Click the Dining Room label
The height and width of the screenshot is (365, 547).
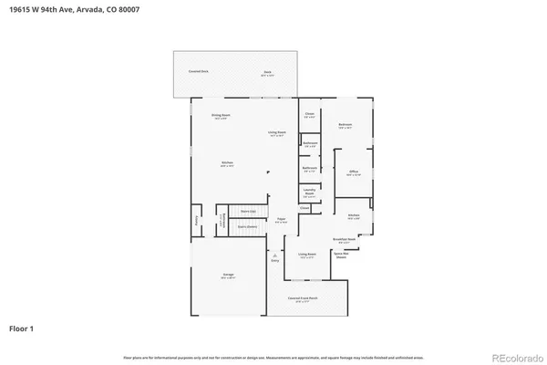[220, 116]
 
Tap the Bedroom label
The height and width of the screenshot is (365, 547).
[345, 125]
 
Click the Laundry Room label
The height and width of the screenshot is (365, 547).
[309, 192]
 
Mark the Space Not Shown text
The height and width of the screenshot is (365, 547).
[341, 255]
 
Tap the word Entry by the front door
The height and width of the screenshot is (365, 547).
[274, 261]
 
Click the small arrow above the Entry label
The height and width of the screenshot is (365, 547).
[274, 255]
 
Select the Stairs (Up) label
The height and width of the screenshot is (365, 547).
[246, 210]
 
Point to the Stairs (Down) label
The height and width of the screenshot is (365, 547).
[246, 225]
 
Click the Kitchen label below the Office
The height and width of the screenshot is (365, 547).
[353, 216]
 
